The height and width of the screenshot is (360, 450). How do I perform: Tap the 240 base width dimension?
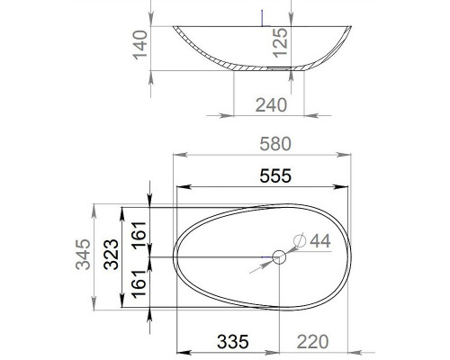[270, 105]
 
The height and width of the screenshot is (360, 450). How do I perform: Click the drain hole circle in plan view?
[278, 258]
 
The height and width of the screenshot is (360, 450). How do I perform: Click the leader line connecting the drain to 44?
[289, 248]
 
